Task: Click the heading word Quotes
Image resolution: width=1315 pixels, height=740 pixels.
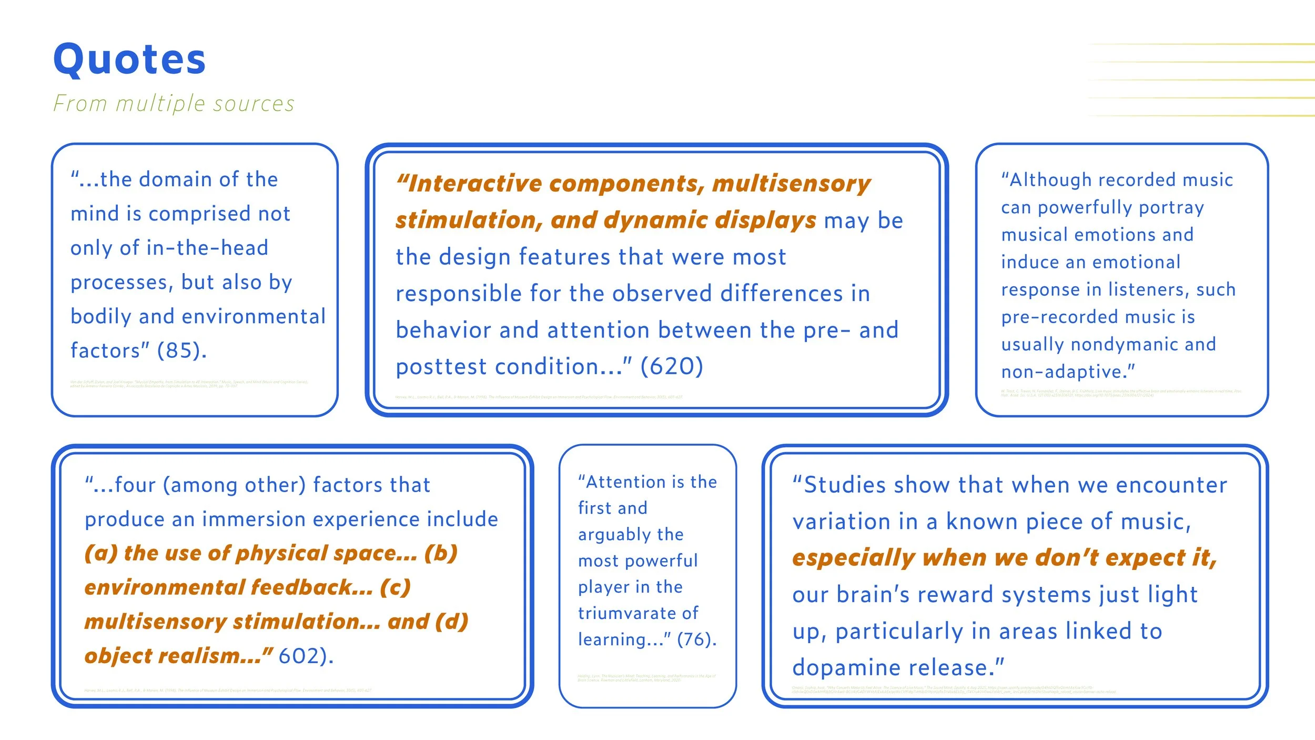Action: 129,59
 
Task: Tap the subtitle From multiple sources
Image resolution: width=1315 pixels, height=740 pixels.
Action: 174,104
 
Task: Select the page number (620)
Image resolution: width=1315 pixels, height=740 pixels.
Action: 671,366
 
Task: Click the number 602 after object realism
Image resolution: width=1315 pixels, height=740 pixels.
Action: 306,656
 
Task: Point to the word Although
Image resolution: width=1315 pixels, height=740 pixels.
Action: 1047,180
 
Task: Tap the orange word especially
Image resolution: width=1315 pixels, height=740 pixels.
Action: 853,558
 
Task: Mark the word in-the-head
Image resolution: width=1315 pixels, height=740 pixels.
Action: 207,248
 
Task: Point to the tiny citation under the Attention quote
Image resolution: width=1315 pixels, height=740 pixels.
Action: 646,678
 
